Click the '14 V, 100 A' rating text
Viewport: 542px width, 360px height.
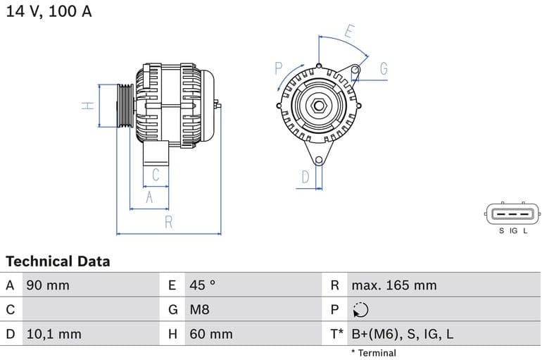(49, 12)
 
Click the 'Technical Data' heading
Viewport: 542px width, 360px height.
(58, 261)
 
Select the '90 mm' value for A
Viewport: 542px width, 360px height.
(48, 285)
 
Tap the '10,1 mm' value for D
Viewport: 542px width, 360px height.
(53, 334)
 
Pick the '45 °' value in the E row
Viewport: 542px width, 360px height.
(203, 285)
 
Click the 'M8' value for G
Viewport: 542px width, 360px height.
(199, 309)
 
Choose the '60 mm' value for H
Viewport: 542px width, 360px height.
(210, 334)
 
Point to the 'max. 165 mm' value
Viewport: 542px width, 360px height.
(393, 285)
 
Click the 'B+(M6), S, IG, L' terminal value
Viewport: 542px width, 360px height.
(402, 334)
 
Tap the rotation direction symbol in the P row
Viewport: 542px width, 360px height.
(360, 310)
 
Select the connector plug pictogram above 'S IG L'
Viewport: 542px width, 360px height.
(512, 213)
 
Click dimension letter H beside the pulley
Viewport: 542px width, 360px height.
(87, 106)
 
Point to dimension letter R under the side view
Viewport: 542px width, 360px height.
(169, 223)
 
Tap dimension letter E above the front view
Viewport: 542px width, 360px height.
(349, 30)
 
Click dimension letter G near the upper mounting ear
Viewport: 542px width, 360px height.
(384, 68)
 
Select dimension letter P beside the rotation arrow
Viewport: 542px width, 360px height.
(279, 68)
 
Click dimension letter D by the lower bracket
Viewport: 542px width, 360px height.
(305, 177)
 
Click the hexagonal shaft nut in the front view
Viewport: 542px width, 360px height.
(318, 106)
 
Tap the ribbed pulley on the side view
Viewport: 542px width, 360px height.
(125, 106)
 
